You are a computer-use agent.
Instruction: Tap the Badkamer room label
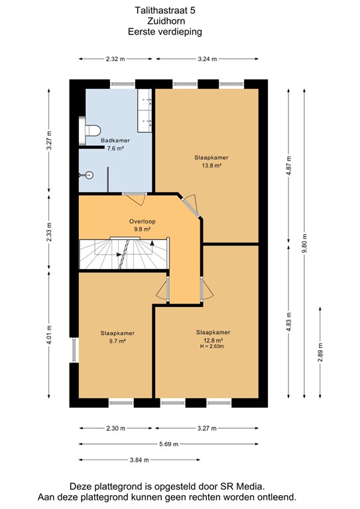click(x=115, y=141)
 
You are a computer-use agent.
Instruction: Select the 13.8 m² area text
click(x=211, y=166)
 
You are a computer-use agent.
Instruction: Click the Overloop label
click(x=142, y=221)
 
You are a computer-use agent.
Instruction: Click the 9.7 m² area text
click(x=117, y=341)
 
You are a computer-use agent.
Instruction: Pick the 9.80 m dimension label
click(x=304, y=243)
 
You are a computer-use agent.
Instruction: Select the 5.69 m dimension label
click(x=168, y=444)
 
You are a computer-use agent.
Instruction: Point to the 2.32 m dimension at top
click(x=115, y=59)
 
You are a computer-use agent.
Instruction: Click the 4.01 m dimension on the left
click(x=49, y=334)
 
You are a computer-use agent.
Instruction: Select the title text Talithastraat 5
click(x=165, y=11)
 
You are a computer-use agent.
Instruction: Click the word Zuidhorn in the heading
click(x=165, y=21)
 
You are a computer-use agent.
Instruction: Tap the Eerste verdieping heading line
click(x=165, y=31)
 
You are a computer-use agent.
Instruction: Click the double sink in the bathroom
click(x=146, y=109)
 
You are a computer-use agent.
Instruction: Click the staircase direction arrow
click(x=152, y=243)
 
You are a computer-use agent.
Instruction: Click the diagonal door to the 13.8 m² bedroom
click(x=191, y=205)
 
